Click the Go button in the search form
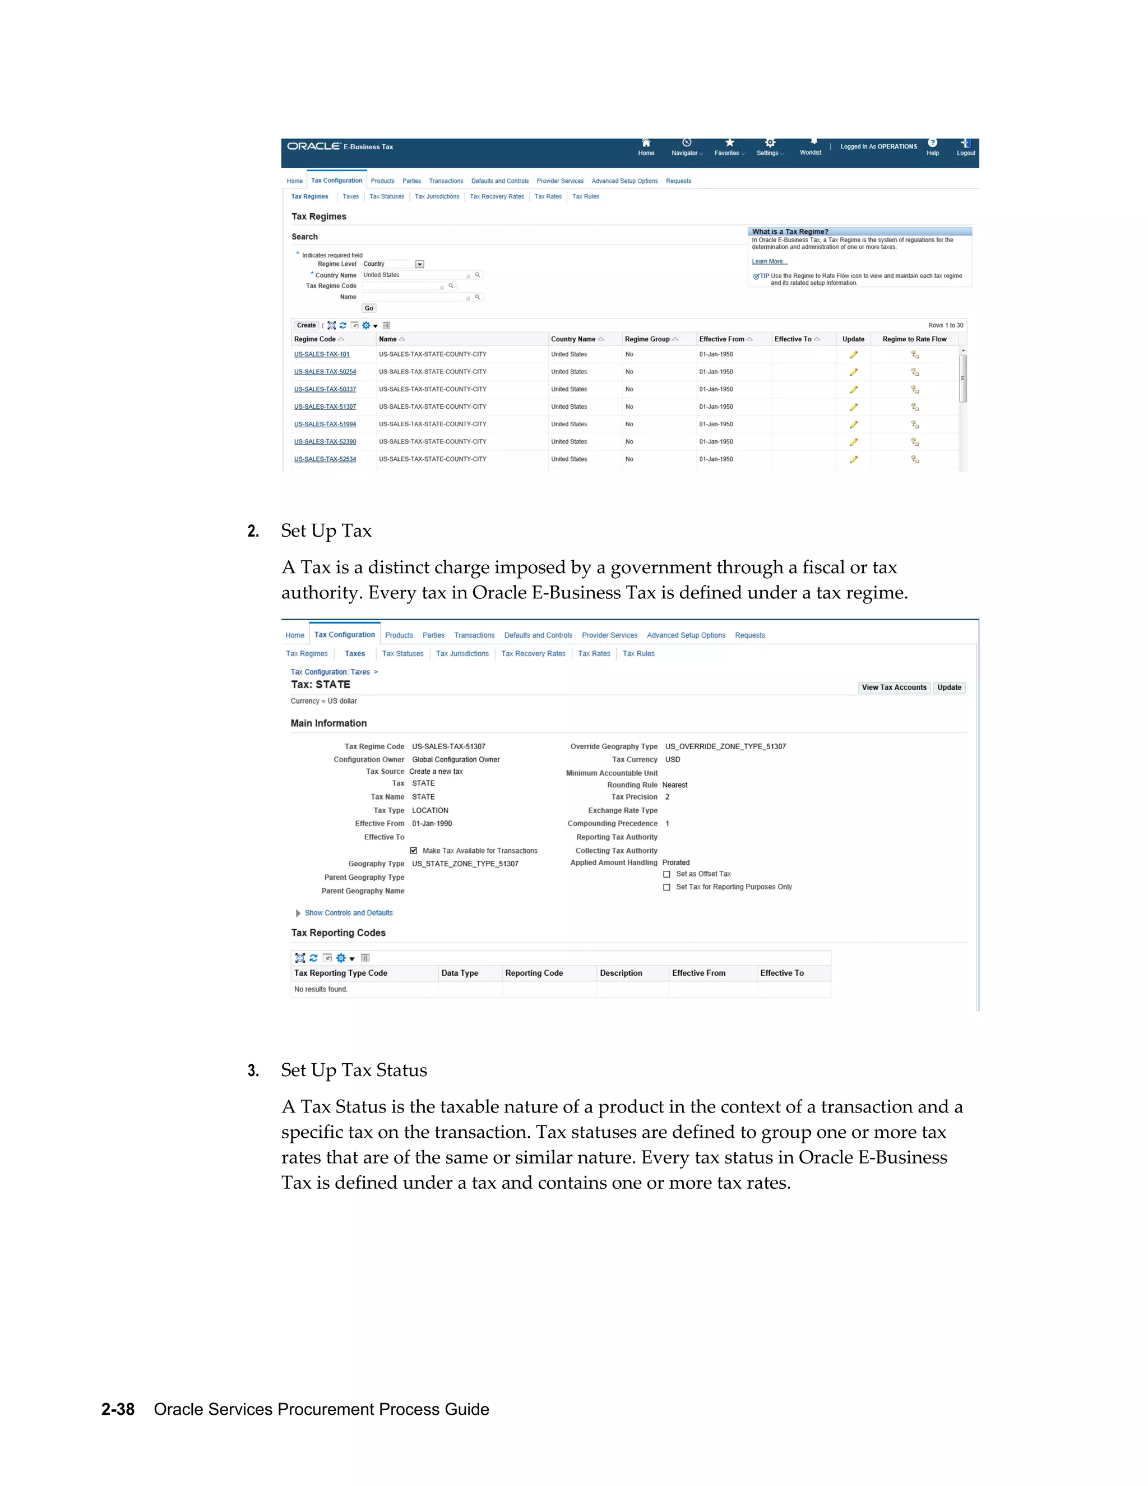pyautogui.click(x=369, y=308)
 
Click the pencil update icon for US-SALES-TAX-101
pyautogui.click(x=854, y=354)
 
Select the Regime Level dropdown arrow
pyautogui.click(x=420, y=264)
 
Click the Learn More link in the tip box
pyautogui.click(x=769, y=261)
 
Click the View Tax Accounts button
pyautogui.click(x=894, y=687)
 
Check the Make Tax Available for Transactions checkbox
pyautogui.click(x=414, y=851)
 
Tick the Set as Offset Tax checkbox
pyautogui.click(x=666, y=874)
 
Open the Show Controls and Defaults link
pyautogui.click(x=348, y=913)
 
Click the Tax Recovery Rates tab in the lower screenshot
pyautogui.click(x=533, y=654)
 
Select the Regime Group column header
pyautogui.click(x=647, y=339)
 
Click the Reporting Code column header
pyautogui.click(x=534, y=973)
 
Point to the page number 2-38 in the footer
pyautogui.click(x=118, y=1409)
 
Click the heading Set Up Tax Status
pyautogui.click(x=354, y=1070)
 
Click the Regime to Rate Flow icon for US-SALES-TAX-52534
pyautogui.click(x=915, y=459)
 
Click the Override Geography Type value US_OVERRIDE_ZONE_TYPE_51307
pyautogui.click(x=725, y=746)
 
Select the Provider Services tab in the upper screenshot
pyautogui.click(x=560, y=181)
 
